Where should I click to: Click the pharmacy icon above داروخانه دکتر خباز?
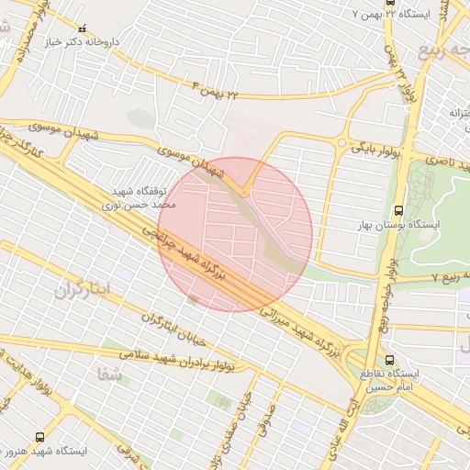pyautogui.click(x=84, y=29)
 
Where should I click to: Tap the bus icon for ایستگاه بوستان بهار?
pyautogui.click(x=397, y=210)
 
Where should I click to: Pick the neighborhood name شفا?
pyautogui.click(x=108, y=373)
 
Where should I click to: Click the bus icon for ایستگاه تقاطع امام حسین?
pyautogui.click(x=390, y=360)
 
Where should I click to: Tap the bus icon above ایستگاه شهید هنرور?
pyautogui.click(x=39, y=437)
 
